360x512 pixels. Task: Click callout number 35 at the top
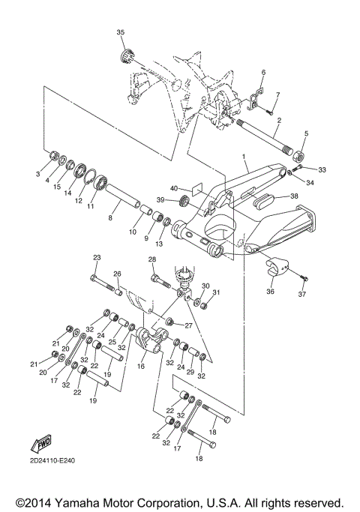pos(121,33)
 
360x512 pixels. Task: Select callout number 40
pos(173,190)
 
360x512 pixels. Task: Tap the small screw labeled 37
pos(304,279)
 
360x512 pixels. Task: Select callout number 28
pos(151,260)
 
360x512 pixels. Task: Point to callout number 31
pos(217,292)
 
